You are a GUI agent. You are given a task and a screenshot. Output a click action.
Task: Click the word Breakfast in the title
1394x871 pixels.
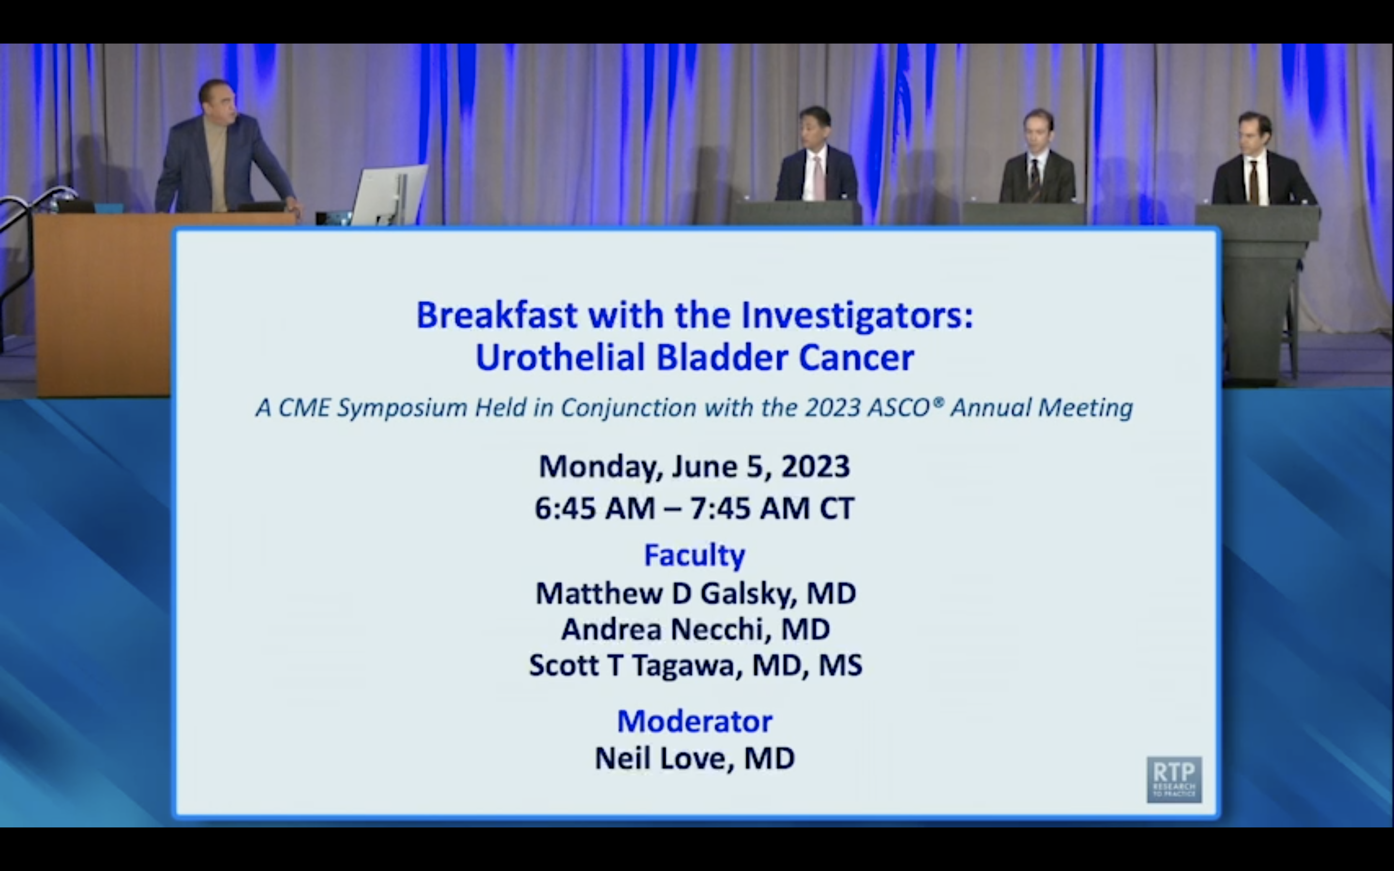[497, 315]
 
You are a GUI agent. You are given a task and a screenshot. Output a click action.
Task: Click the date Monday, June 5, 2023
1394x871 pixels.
[694, 466]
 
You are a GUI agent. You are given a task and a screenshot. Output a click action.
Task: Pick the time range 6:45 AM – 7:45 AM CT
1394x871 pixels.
[694, 508]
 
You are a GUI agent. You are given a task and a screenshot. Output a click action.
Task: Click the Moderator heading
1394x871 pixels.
[695, 721]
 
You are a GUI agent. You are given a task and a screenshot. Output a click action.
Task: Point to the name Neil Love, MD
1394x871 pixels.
[695, 758]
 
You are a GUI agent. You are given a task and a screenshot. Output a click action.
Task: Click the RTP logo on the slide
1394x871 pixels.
[1174, 780]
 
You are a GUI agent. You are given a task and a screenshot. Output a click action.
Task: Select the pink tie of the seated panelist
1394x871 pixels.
[818, 178]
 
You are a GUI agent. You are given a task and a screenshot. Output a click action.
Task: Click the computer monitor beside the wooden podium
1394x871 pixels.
[389, 194]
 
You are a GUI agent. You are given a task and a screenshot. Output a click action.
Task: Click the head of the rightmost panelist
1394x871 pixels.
[1256, 133]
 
